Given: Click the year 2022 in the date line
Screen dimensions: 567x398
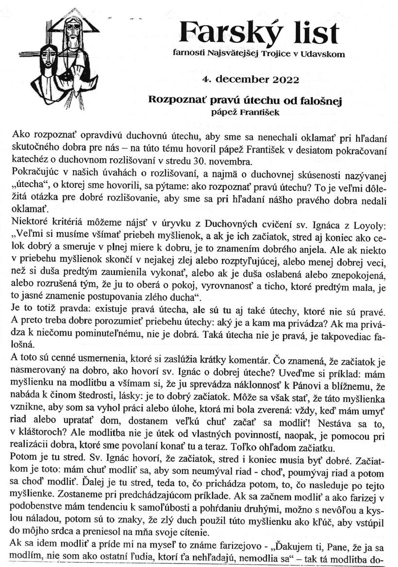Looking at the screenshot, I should coord(281,79).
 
